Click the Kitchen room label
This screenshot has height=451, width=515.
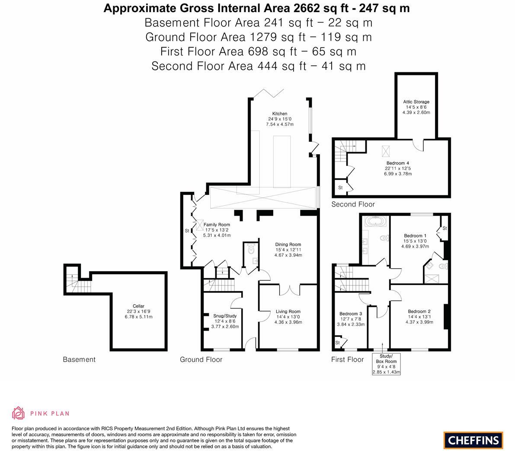tap(279, 114)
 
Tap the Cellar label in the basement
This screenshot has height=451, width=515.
tap(138, 306)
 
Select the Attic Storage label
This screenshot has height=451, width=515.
tap(417, 102)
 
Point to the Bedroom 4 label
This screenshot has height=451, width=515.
tap(398, 163)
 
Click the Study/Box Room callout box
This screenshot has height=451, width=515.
tap(386, 364)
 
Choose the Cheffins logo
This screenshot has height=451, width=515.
tap(473, 440)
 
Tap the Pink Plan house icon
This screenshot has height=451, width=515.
tap(18, 413)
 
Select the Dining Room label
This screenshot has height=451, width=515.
tap(288, 244)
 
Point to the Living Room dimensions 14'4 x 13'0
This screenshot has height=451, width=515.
tap(288, 317)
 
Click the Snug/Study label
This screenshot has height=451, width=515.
tap(225, 316)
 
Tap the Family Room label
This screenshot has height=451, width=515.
tap(217, 224)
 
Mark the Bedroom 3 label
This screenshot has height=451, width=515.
tap(351, 314)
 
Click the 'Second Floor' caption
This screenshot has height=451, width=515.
tap(353, 204)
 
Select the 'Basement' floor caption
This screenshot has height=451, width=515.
tap(79, 359)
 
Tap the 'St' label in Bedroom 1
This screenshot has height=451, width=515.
tap(444, 228)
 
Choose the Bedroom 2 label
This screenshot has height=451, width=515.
tap(419, 311)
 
